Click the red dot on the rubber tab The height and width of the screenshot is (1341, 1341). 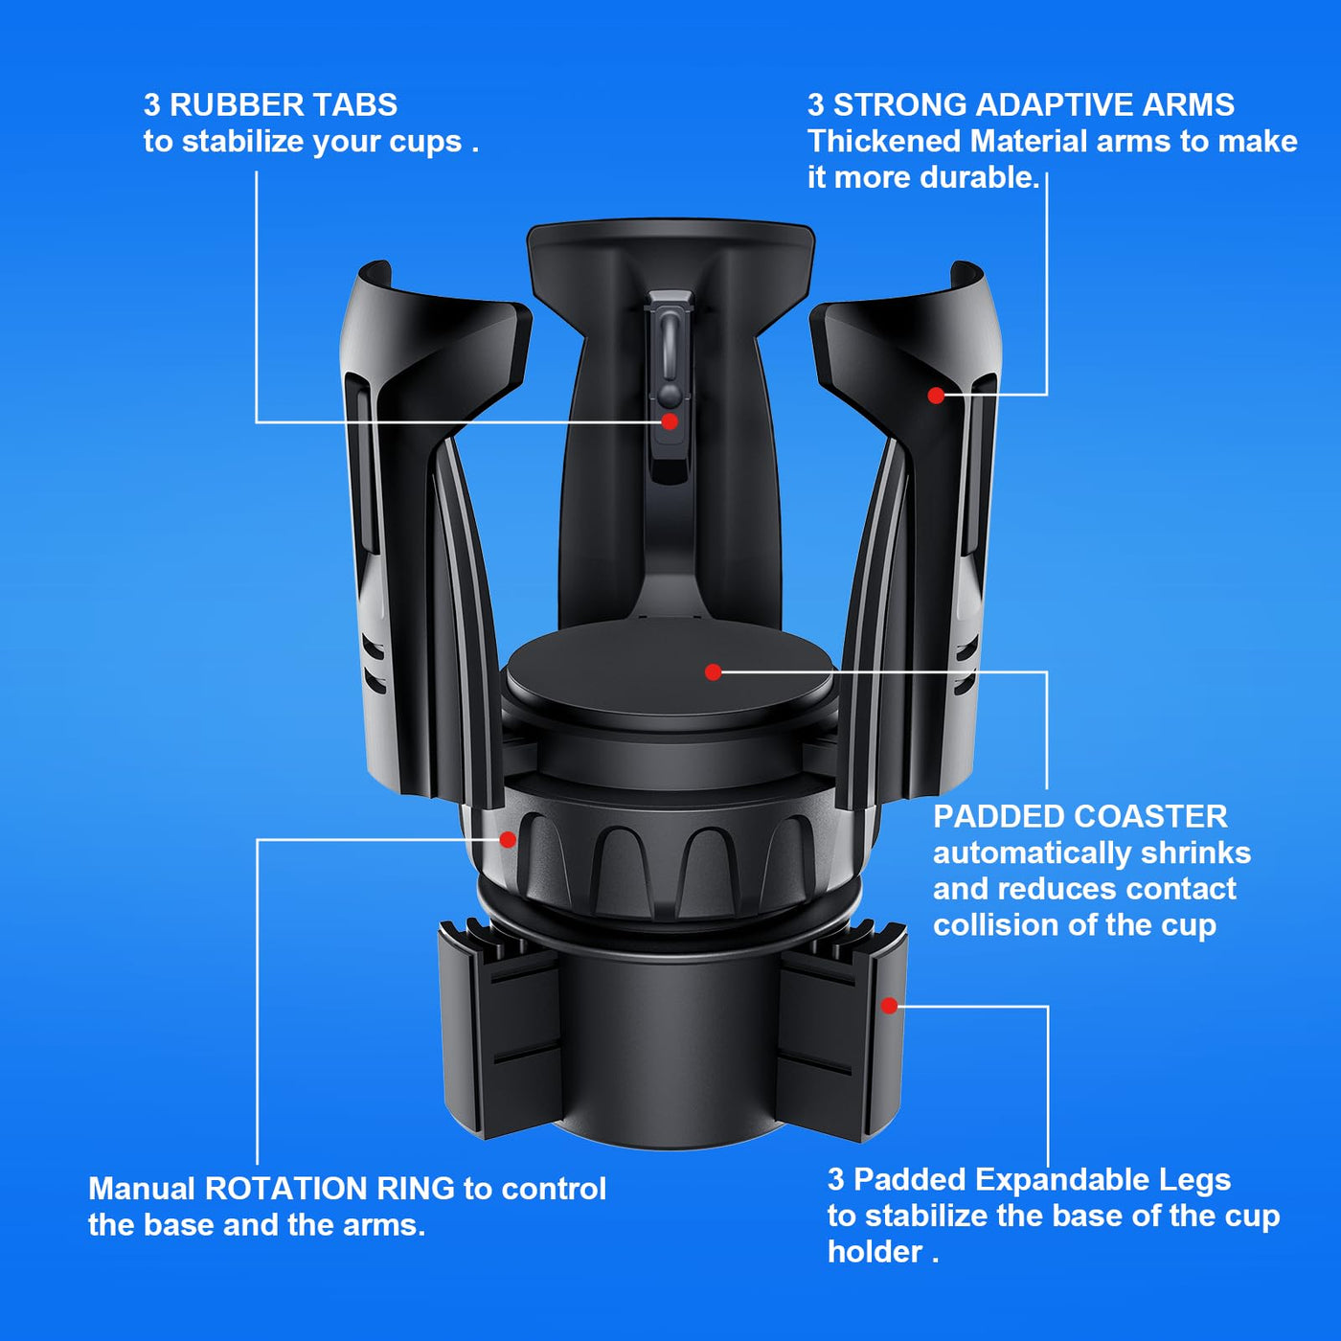[669, 421]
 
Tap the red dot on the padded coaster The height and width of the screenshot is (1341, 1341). [713, 671]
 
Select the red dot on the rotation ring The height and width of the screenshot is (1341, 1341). [508, 839]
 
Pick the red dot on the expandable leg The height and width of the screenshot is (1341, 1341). [889, 1006]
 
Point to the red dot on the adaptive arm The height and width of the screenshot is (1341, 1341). [936, 396]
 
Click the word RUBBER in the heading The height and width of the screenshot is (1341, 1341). [237, 105]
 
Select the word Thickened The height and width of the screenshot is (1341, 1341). [884, 141]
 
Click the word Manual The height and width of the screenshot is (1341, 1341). [142, 1189]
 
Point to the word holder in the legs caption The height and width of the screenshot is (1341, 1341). [875, 1252]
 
